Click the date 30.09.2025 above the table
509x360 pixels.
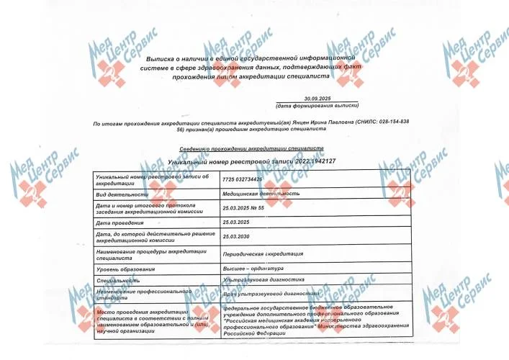(317, 97)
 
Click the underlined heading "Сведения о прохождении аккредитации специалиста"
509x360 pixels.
(251, 148)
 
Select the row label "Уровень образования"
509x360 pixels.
(127, 269)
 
